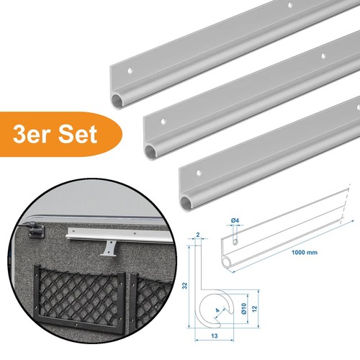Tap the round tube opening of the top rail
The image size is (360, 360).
pyautogui.click(x=118, y=100)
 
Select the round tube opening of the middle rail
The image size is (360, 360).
pyautogui.click(x=151, y=152)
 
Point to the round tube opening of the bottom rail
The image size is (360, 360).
pyautogui.click(x=186, y=202)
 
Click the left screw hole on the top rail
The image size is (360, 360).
pyautogui.click(x=130, y=71)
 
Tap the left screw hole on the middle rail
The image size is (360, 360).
pyautogui.click(x=163, y=121)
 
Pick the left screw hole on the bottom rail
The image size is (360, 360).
pyautogui.click(x=199, y=173)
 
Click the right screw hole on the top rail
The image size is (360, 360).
pyautogui.click(x=290, y=4)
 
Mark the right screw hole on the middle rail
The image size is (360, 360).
pyautogui.click(x=323, y=56)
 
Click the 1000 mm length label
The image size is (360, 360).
pyautogui.click(x=305, y=252)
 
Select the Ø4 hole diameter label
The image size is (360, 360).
pyautogui.click(x=235, y=220)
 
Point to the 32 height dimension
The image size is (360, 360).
pyautogui.click(x=184, y=285)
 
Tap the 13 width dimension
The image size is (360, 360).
pyautogui.click(x=215, y=336)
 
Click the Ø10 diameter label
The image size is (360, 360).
pyautogui.click(x=243, y=308)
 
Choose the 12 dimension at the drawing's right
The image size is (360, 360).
pyautogui.click(x=254, y=308)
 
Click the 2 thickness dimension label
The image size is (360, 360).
pyautogui.click(x=198, y=235)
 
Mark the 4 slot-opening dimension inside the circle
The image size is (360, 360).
pyautogui.click(x=217, y=310)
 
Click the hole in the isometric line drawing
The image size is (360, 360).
pyautogui.click(x=235, y=242)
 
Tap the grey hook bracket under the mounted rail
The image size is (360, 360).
pyautogui.click(x=109, y=249)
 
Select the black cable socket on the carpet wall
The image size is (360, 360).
pyautogui.click(x=35, y=230)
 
